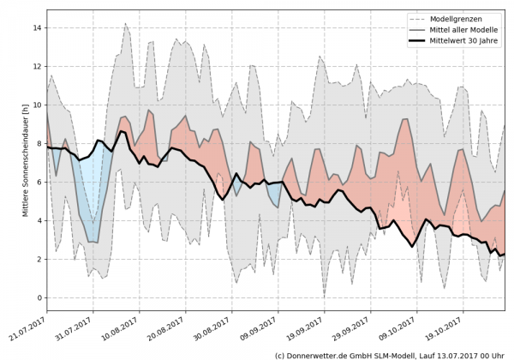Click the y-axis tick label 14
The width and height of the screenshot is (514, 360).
[37, 28]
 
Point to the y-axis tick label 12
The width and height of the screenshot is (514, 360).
[37, 67]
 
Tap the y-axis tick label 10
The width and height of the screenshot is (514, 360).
[37, 105]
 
